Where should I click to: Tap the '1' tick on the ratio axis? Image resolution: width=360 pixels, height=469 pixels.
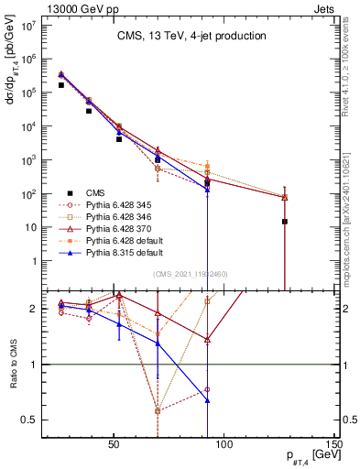click(x=37, y=365)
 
